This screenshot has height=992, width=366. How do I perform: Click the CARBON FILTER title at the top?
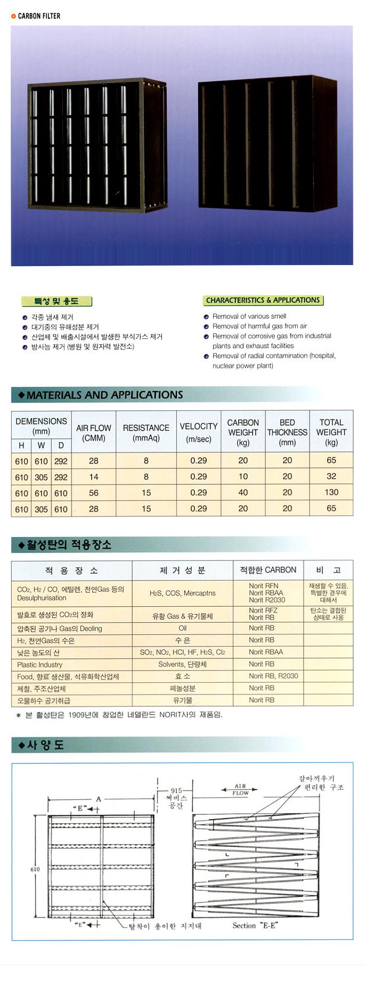pyautogui.click(x=39, y=16)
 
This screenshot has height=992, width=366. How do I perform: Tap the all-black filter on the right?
pyautogui.click(x=267, y=145)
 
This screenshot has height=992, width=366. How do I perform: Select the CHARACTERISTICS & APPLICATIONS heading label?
pyautogui.click(x=263, y=300)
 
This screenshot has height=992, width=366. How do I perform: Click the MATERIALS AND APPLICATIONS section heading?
pyautogui.click(x=104, y=395)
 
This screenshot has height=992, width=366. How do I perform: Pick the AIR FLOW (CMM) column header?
pyautogui.click(x=93, y=433)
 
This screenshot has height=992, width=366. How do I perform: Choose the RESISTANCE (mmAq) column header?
pyautogui.click(x=146, y=433)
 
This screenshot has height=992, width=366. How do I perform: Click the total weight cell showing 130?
pyautogui.click(x=331, y=493)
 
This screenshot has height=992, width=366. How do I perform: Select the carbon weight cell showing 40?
pyautogui.click(x=243, y=493)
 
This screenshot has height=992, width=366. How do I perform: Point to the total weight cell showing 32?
pyautogui.click(x=331, y=476)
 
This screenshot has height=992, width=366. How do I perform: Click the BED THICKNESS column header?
pyautogui.click(x=287, y=432)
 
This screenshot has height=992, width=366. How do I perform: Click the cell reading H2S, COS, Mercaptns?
pyautogui.click(x=182, y=593)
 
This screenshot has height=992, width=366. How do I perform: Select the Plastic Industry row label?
pyautogui.click(x=40, y=665)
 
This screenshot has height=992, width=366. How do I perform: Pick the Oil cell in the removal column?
pyautogui.click(x=182, y=628)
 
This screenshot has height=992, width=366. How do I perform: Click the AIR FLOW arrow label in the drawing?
pyautogui.click(x=240, y=789)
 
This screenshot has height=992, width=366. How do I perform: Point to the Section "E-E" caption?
pyautogui.click(x=255, y=925)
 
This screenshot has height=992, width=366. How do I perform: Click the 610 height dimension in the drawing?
pyautogui.click(x=35, y=869)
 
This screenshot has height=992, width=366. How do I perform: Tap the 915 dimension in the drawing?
pyautogui.click(x=176, y=791)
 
